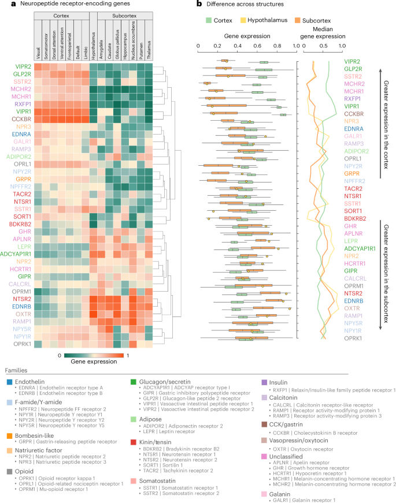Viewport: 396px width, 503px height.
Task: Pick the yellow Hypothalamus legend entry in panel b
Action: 265,20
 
